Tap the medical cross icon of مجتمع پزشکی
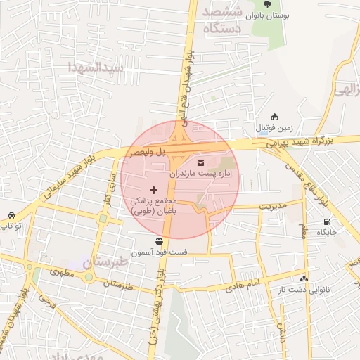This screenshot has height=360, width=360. tap(154, 191)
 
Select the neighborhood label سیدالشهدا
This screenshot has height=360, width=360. tap(96, 67)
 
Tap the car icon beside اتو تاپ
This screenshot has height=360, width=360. tap(11, 215)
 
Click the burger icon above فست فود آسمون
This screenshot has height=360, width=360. tap(159, 241)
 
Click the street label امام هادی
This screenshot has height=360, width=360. tap(243, 285)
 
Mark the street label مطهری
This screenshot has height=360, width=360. tap(62, 271)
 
